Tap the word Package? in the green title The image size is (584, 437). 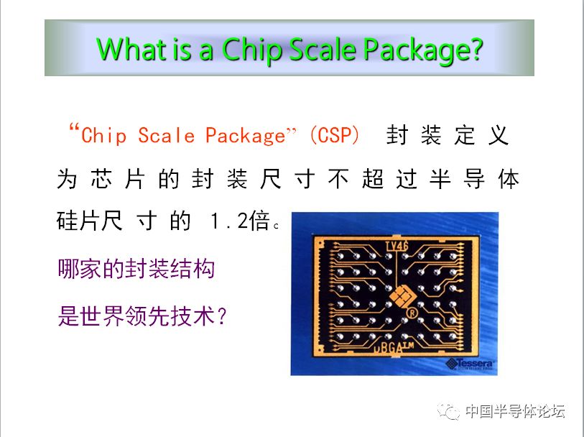pos(422,50)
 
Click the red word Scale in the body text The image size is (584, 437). pos(166,135)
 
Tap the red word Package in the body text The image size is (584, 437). pos(246,136)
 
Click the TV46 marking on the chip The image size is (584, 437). pos(397,247)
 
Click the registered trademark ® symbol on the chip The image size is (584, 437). pos(412,312)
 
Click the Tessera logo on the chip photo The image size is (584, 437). pos(470,364)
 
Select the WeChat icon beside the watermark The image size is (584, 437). pos(448,411)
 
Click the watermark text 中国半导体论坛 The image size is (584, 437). pos(515,411)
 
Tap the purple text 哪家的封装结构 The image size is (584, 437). pos(136,269)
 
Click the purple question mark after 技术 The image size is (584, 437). pos(222,316)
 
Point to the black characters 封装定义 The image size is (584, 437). pos(448,135)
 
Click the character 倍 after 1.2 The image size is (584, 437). pos(259,221)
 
